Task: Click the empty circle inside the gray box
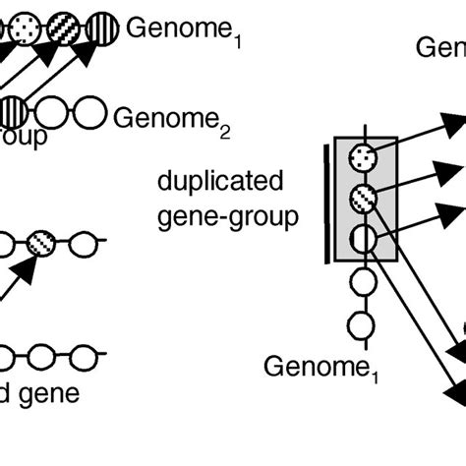point(365,237)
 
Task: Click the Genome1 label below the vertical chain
point(314,368)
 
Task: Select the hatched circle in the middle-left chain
point(43,242)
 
